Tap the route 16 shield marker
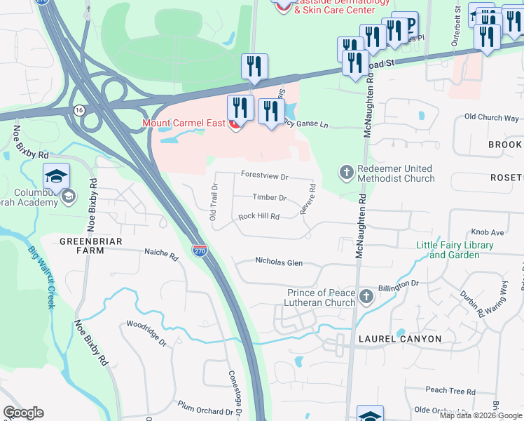(x=78, y=110)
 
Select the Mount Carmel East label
(x=184, y=123)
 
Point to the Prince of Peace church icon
(x=366, y=298)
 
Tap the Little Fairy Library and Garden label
(x=455, y=250)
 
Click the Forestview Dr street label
(x=265, y=175)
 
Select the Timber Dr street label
(x=270, y=199)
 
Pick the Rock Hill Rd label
(x=258, y=217)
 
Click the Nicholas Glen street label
(x=279, y=262)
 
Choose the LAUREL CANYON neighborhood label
(x=399, y=339)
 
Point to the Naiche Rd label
(x=158, y=251)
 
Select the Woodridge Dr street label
(x=146, y=334)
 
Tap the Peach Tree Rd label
(x=450, y=390)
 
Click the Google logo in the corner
(x=23, y=413)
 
